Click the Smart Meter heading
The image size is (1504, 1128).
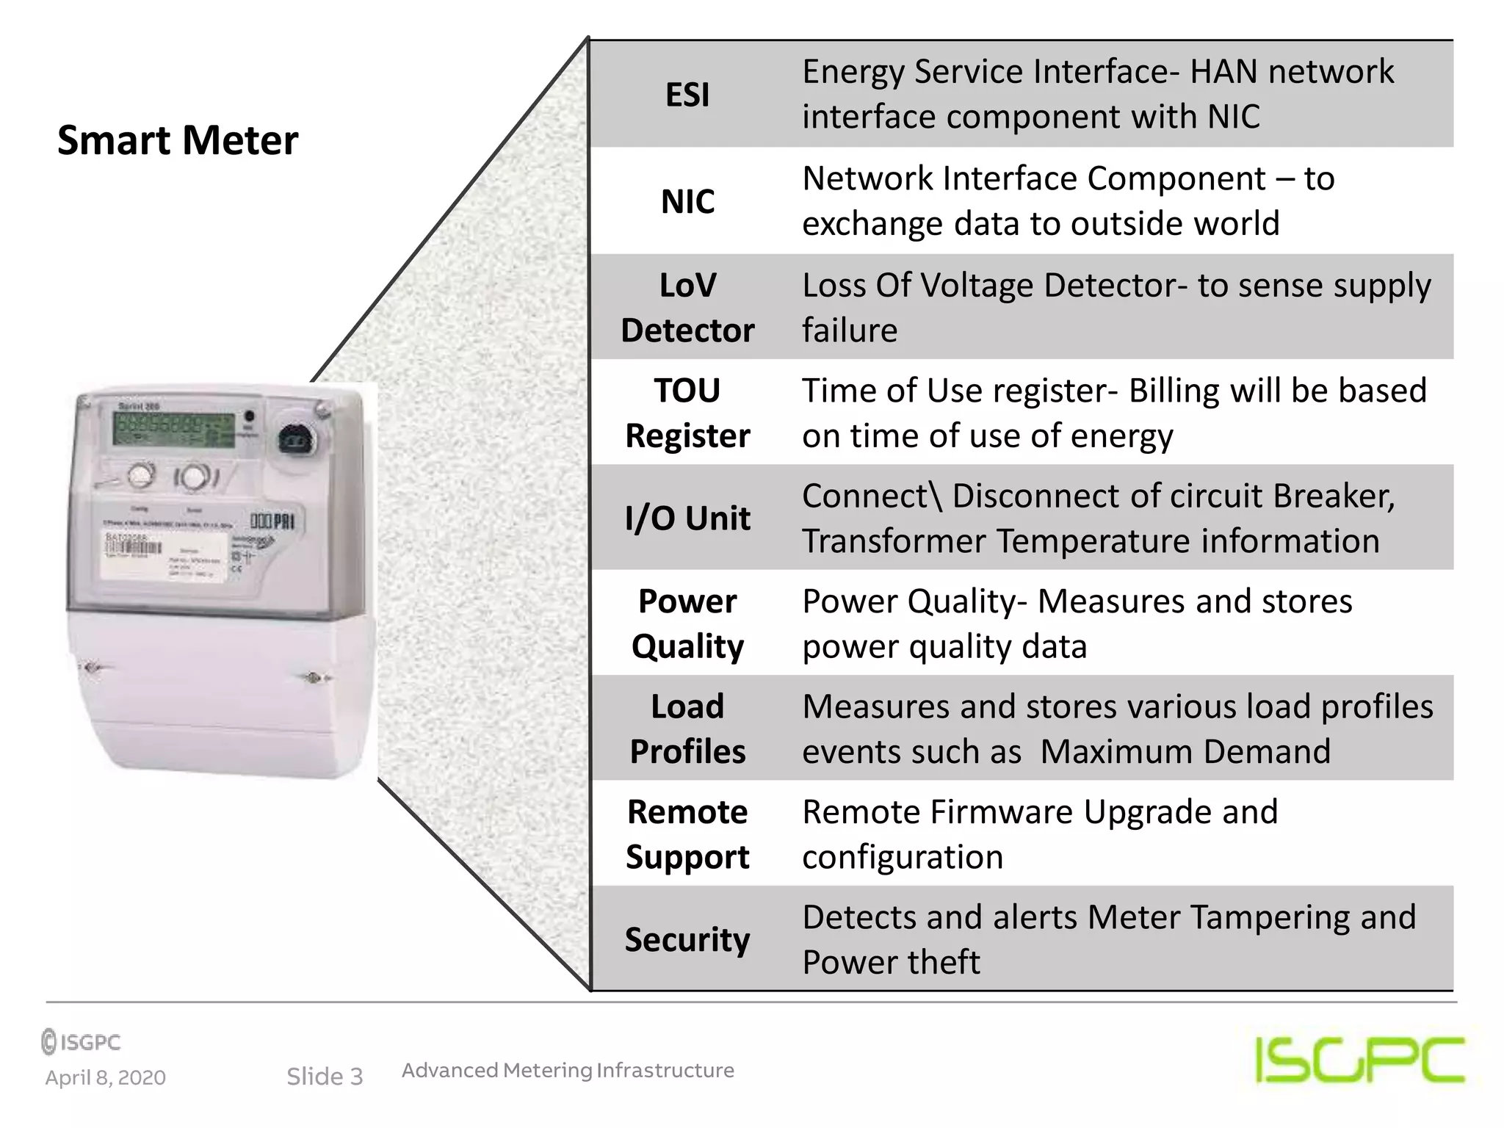pos(178,140)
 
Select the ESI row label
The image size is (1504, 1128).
pos(687,95)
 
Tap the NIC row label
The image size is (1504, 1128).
pos(687,201)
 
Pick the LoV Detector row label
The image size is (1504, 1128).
pos(687,308)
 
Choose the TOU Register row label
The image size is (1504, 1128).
pos(687,413)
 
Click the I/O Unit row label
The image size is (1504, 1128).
pos(687,518)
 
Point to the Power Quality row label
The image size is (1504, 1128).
pos(687,623)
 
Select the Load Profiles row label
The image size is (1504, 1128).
pos(687,728)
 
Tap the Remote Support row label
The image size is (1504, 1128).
pos(687,834)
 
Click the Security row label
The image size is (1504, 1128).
pos(687,939)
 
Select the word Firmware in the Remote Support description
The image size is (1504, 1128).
pos(1002,812)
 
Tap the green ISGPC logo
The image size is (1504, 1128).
pos(1359,1059)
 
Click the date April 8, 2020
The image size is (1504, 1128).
pos(106,1077)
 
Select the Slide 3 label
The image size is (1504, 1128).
pos(325,1077)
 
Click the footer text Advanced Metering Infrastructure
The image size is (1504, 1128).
pos(568,1070)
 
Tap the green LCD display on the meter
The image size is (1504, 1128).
pos(174,427)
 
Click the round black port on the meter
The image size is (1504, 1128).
pos(295,440)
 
